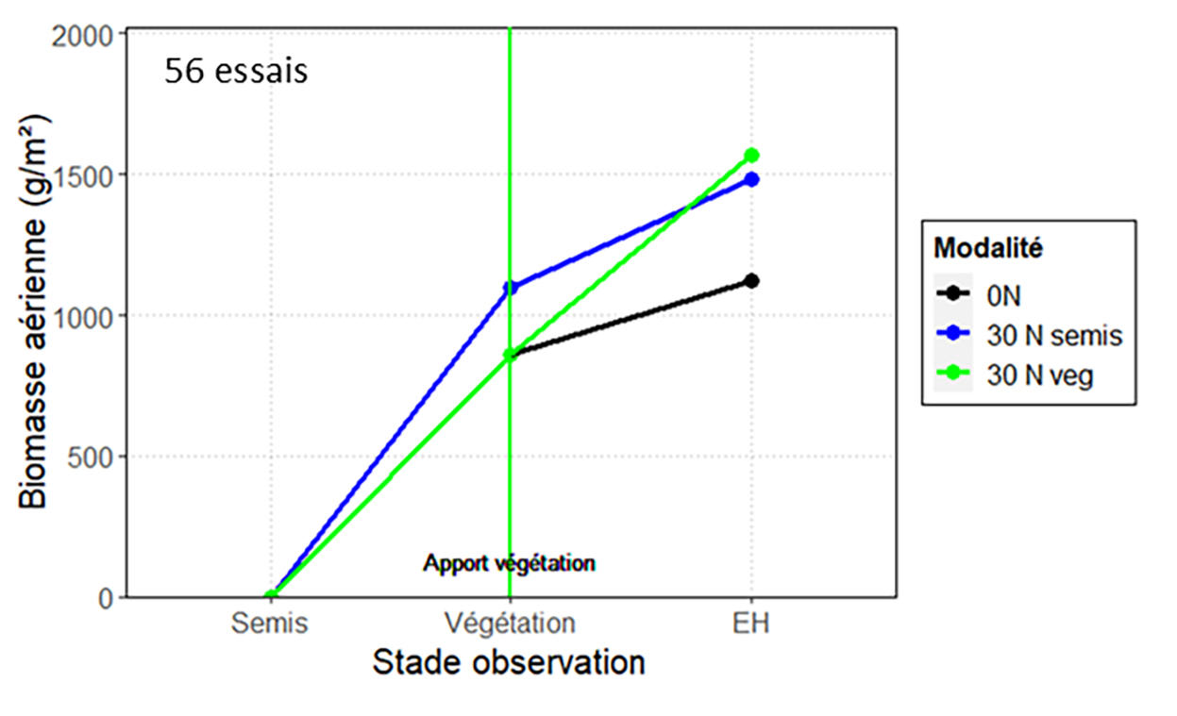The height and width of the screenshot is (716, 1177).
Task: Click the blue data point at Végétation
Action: pos(511,288)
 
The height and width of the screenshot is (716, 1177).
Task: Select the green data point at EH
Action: pos(751,156)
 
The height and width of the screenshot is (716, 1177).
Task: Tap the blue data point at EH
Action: pos(751,179)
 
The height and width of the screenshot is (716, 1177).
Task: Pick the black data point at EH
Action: pos(751,280)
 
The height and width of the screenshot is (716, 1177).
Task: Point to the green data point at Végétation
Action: pos(511,355)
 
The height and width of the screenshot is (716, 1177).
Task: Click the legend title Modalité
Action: pos(988,248)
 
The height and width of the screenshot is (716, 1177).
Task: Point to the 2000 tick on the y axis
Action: pos(94,34)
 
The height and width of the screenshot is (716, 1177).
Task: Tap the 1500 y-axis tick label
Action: pos(94,175)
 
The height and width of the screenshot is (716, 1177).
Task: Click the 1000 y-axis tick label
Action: pos(94,316)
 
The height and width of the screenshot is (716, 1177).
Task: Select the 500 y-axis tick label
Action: pos(101,458)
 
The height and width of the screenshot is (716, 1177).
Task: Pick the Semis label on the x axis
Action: pos(269,624)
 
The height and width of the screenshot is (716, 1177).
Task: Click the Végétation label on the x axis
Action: pos(510,624)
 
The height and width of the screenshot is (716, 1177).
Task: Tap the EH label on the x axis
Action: pos(751,624)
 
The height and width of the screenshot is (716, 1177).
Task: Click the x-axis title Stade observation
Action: pos(509,662)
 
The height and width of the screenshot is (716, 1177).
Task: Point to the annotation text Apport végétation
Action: pos(509,564)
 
